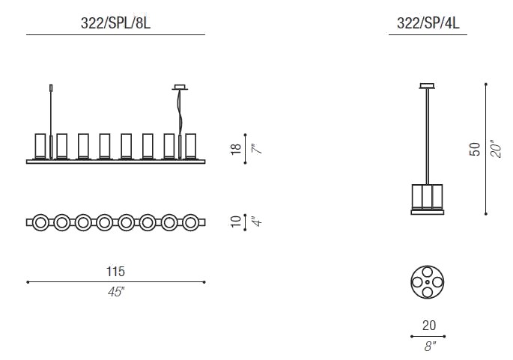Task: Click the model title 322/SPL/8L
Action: pyautogui.click(x=115, y=23)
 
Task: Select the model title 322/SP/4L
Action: pyautogui.click(x=428, y=23)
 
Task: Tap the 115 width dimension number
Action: pyautogui.click(x=115, y=272)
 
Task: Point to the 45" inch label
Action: pyautogui.click(x=116, y=292)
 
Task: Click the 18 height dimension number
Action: pyautogui.click(x=236, y=149)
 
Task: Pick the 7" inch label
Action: pyautogui.click(x=258, y=149)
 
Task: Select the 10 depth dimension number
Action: pyautogui.click(x=236, y=222)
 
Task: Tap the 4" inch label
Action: pyautogui.click(x=258, y=222)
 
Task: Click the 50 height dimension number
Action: pyautogui.click(x=475, y=150)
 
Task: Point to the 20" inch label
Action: pyautogui.click(x=496, y=150)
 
